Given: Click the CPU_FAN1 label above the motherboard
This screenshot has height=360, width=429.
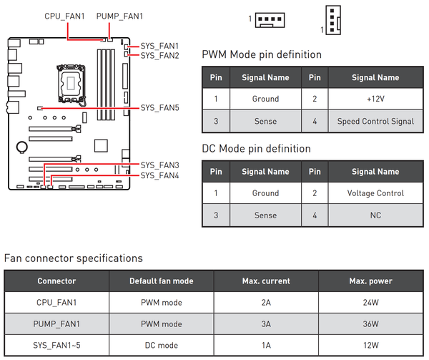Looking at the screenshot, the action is click(x=64, y=16).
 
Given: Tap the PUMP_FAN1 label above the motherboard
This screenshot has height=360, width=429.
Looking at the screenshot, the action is click(x=119, y=16).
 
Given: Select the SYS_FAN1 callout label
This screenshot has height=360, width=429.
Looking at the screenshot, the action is click(x=159, y=46).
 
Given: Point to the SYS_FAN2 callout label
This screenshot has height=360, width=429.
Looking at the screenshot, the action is click(x=159, y=56).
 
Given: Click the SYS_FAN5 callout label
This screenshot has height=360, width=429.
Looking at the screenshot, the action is click(x=159, y=108).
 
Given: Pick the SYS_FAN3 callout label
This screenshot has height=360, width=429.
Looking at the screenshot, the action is click(x=159, y=165).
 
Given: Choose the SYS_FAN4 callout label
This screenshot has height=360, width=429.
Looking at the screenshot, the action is click(x=159, y=175).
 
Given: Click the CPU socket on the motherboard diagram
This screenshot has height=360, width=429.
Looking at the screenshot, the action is click(x=71, y=83).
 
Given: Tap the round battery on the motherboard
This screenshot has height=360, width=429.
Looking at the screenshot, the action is click(x=22, y=147).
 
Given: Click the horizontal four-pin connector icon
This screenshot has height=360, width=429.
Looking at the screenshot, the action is click(x=270, y=20).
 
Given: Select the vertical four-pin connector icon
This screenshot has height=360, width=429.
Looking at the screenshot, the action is click(x=333, y=20).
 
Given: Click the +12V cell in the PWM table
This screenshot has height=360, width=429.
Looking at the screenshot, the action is click(x=375, y=99).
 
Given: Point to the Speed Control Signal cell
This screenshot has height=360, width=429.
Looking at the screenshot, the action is click(x=375, y=121).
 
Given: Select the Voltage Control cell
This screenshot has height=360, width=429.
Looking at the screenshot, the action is click(x=375, y=193).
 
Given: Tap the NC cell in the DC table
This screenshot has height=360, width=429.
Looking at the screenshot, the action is click(x=375, y=215).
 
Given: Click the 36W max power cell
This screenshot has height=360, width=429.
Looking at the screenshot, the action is click(x=370, y=324).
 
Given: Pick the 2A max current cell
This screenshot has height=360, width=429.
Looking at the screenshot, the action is click(x=266, y=303).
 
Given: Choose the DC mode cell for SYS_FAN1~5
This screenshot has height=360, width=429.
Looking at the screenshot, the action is click(x=162, y=346).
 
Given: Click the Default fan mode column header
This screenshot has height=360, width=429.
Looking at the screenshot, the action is click(x=162, y=281).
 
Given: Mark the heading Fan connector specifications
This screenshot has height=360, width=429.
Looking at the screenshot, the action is click(x=74, y=258).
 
